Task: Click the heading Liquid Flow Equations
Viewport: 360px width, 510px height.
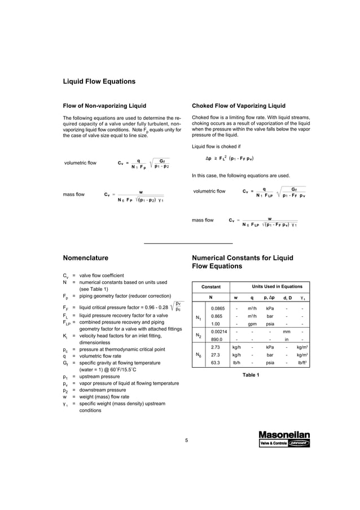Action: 99,81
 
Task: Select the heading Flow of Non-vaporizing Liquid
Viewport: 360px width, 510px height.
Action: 104,106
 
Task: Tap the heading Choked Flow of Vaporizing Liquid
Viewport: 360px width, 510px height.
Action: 239,106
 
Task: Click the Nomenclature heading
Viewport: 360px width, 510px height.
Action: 85,258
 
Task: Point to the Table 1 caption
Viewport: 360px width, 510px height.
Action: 251,375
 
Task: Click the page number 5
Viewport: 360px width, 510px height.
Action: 186,440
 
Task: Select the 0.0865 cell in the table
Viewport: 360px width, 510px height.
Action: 217,308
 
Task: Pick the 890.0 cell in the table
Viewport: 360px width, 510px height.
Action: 216,339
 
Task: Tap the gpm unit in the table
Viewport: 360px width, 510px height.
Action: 252,324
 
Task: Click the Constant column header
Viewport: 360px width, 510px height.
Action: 211,286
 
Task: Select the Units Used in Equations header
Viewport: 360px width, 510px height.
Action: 276,286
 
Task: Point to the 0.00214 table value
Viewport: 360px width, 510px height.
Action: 218,332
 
